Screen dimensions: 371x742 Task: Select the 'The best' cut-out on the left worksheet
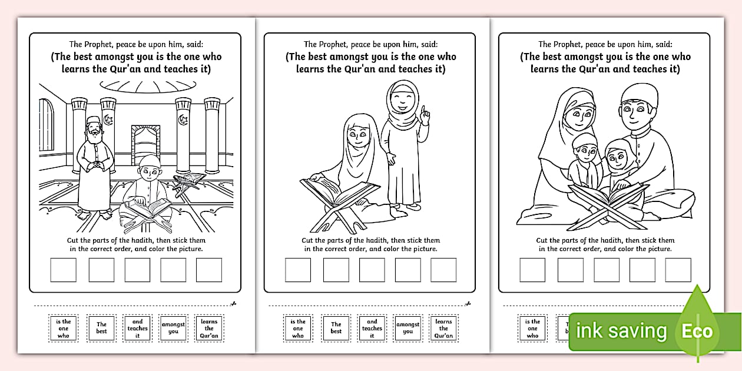point(102,328)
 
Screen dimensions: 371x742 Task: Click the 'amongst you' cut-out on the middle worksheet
point(408,328)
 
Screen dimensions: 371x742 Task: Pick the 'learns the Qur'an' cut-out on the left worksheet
point(209,329)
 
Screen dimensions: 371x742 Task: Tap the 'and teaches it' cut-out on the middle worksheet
point(372,329)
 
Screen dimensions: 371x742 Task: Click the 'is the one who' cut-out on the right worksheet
point(532,329)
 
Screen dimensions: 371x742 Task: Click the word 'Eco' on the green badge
point(697,331)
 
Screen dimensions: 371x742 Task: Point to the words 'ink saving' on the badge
point(621,331)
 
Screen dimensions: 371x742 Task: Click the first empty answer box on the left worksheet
point(63,270)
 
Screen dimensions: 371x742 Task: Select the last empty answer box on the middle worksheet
point(443,270)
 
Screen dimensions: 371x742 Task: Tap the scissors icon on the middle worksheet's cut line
point(468,304)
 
